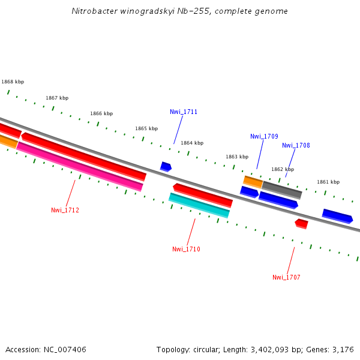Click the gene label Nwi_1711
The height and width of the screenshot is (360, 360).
tap(184, 112)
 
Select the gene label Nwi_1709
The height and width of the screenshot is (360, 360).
tap(264, 137)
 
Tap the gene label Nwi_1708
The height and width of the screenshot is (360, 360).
tap(296, 146)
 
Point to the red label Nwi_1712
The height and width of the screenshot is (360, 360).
tap(65, 211)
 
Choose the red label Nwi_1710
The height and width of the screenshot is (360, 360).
tap(186, 250)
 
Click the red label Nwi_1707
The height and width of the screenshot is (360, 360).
tap(286, 278)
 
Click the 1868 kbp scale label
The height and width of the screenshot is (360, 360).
tap(13, 82)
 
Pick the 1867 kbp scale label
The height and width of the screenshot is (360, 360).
tap(57, 98)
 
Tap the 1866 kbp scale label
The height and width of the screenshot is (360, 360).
tap(101, 113)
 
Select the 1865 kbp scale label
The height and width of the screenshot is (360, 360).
tap(146, 128)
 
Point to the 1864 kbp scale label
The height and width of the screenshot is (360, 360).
tap(192, 143)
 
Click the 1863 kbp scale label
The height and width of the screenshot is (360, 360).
tap(237, 157)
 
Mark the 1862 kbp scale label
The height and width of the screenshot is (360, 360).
tap(283, 170)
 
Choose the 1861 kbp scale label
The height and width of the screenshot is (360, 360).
tap(328, 182)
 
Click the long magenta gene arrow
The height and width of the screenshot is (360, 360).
tap(80, 167)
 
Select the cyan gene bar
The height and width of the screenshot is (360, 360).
tap(199, 205)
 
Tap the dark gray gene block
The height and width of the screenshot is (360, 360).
tap(282, 190)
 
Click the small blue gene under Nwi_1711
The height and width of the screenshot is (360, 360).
tap(166, 166)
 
